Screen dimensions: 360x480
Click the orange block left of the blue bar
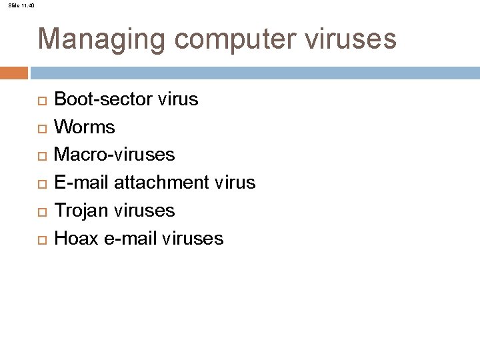pos(14,72)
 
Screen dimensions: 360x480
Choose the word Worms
pos(84,127)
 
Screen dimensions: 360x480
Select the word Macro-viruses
pos(114,155)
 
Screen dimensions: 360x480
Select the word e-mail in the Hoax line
pos(130,238)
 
